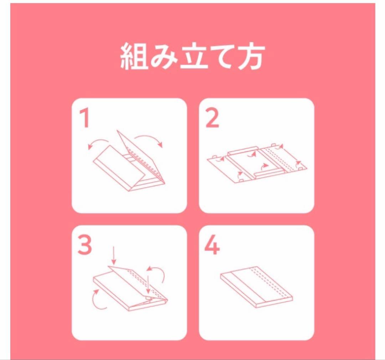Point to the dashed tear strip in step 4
coord(270,282)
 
